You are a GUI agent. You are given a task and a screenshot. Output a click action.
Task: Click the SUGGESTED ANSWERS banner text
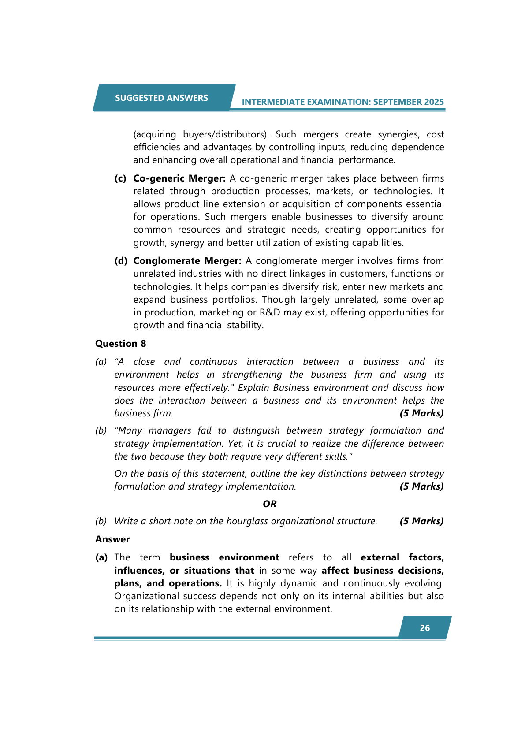tap(161, 98)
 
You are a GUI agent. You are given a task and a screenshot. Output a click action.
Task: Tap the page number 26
tap(424, 628)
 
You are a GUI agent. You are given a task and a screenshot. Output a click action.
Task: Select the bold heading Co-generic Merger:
tap(179, 178)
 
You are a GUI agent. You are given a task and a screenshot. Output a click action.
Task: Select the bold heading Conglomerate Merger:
tap(187, 261)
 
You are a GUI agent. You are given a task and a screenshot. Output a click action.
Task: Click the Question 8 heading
tap(120, 344)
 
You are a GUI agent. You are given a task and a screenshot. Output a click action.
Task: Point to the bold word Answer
tap(112, 539)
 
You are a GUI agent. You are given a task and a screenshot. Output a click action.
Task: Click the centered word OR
tap(269, 504)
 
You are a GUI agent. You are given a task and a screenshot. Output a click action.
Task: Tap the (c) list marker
tap(120, 178)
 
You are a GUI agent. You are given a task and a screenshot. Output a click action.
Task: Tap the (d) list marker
tap(121, 261)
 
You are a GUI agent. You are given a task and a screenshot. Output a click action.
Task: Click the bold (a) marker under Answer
tap(102, 557)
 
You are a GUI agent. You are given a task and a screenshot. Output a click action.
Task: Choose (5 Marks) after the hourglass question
tap(421, 521)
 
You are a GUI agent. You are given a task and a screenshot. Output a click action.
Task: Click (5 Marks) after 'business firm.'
tap(421, 413)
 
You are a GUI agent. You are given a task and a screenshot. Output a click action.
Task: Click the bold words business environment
tap(224, 557)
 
